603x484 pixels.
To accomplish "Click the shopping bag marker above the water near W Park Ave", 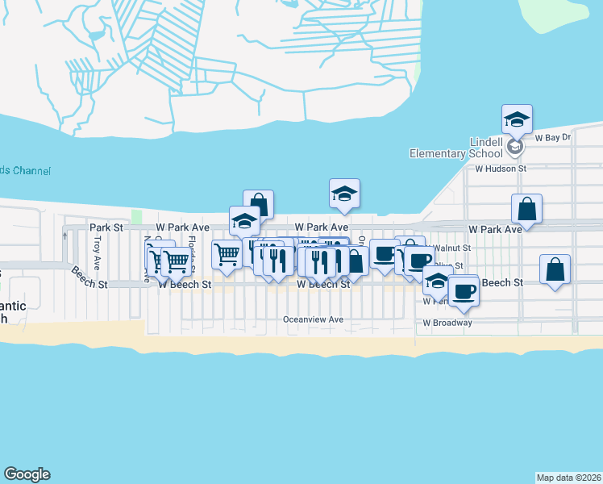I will coord(258,205).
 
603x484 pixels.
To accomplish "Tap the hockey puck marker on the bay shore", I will coord(344,194).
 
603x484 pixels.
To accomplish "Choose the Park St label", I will coord(106,228).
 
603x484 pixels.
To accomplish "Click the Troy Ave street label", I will coord(97,252).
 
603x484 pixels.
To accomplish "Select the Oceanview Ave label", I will coord(313,319).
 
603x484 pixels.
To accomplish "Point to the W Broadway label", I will coord(447,323).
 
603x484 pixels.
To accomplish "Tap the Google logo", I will coord(27,474).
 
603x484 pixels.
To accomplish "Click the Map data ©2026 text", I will coord(568,477).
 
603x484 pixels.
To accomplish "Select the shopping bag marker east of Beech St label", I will coord(555,271).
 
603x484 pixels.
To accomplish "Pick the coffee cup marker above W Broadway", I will coord(464,291).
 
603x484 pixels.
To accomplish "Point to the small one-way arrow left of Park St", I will coord(64,236).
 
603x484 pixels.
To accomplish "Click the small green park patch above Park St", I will coord(136,217).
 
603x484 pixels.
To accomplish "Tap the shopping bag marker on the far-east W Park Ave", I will coord(526,210).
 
